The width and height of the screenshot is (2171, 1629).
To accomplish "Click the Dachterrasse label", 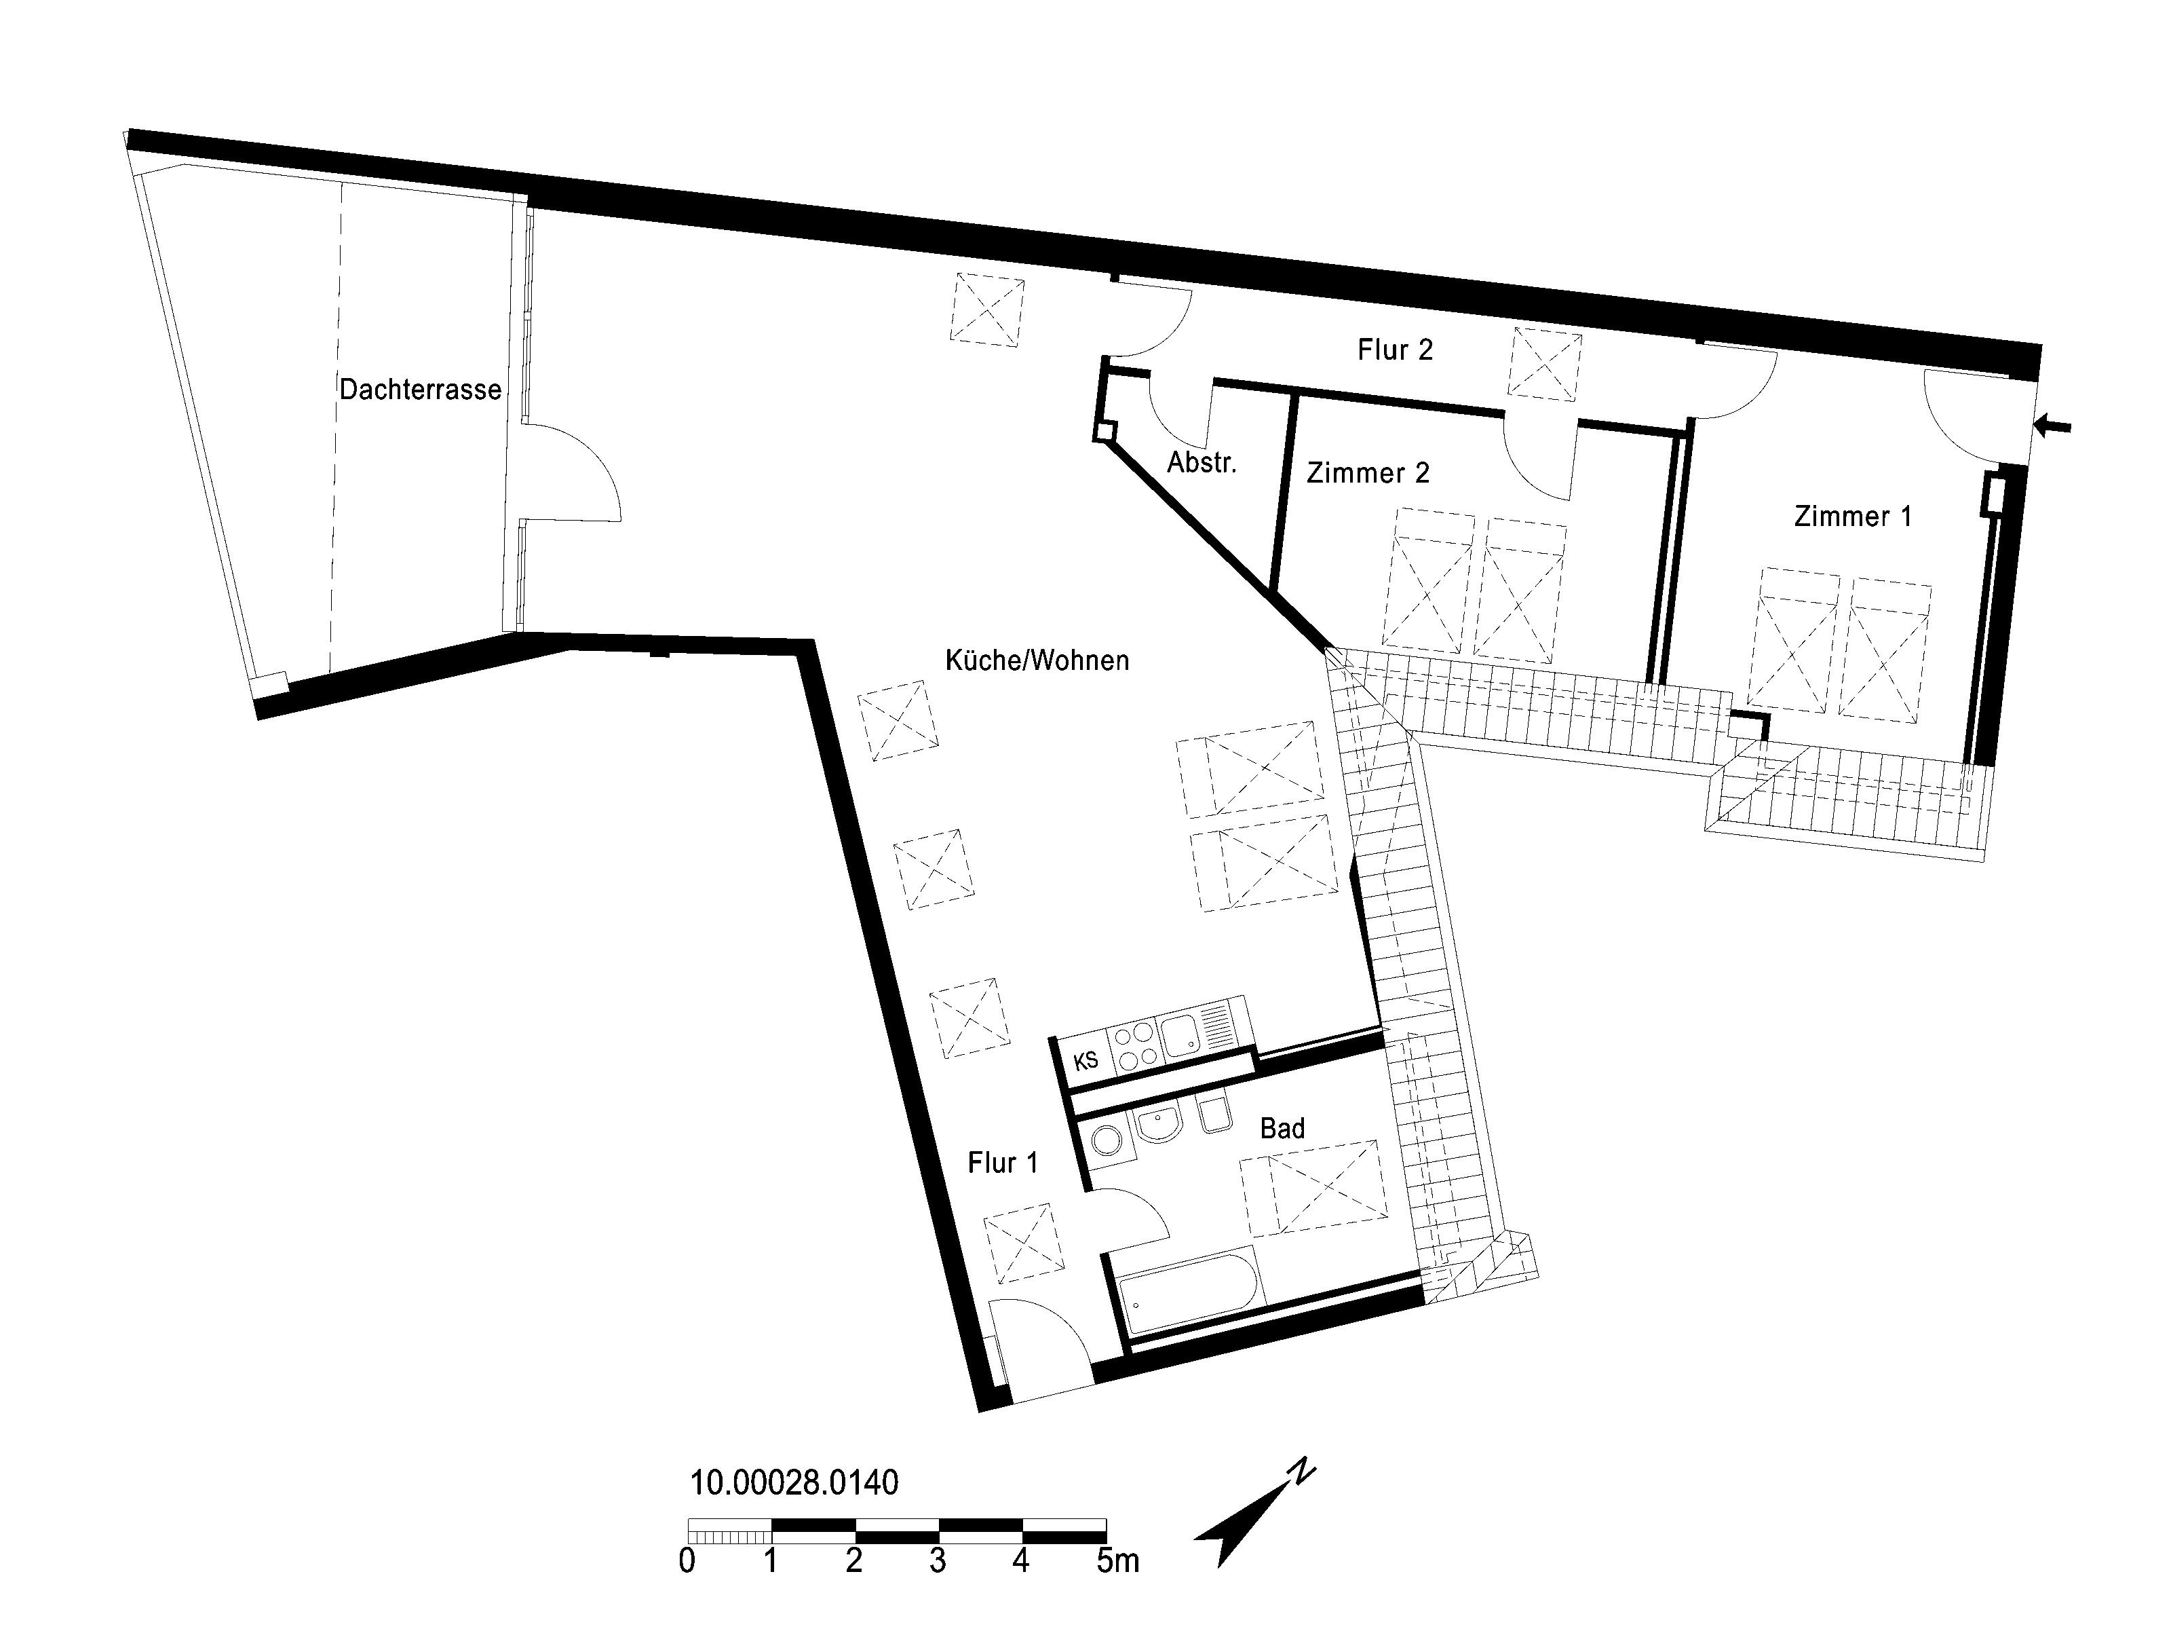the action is (x=420, y=390).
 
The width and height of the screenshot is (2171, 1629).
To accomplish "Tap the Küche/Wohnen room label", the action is (x=1037, y=660).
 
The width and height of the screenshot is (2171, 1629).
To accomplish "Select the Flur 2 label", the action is (x=1395, y=350).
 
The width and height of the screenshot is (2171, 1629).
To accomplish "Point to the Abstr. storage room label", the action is (x=1202, y=462).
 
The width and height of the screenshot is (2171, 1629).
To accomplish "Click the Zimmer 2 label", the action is (x=1368, y=473).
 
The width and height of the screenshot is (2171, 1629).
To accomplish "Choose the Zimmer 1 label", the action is (x=1853, y=517).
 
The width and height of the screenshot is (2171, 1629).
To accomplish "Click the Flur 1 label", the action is (x=1002, y=1163).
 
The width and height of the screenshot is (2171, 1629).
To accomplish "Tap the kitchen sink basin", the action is (x=1178, y=1035).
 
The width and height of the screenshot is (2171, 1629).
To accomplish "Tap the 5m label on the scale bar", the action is (x=1118, y=1560).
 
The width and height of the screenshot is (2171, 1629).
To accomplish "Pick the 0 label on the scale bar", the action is (x=687, y=1560).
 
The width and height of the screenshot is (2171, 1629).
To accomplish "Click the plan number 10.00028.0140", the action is (x=794, y=1482).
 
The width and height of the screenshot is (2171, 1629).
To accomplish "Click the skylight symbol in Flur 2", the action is (x=1545, y=363).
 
